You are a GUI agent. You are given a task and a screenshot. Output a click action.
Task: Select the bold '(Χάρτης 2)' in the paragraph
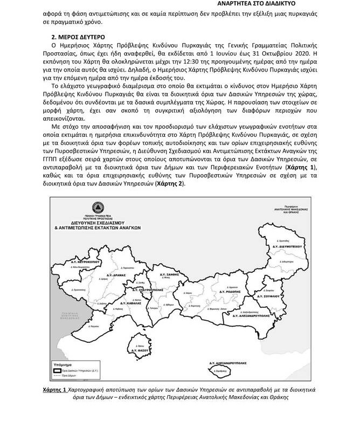coord(170,184)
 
